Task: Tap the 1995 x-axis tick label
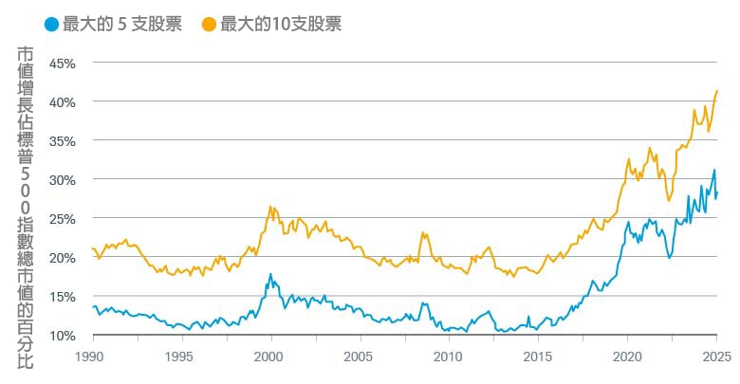click(181, 358)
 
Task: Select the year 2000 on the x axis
click(270, 358)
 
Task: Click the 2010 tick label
click(448, 358)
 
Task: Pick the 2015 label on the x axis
click(537, 358)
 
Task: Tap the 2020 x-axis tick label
click(626, 358)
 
